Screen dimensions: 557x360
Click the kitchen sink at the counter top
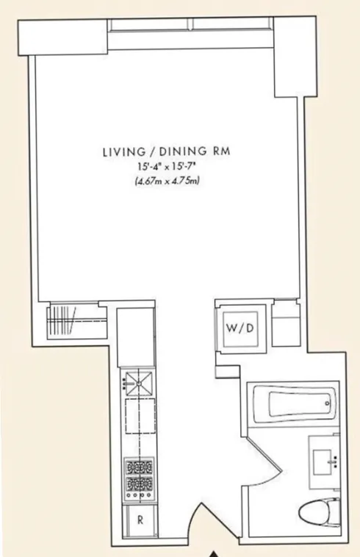137,381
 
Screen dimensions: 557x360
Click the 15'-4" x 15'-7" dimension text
165,169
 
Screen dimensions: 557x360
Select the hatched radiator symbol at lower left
63,322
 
